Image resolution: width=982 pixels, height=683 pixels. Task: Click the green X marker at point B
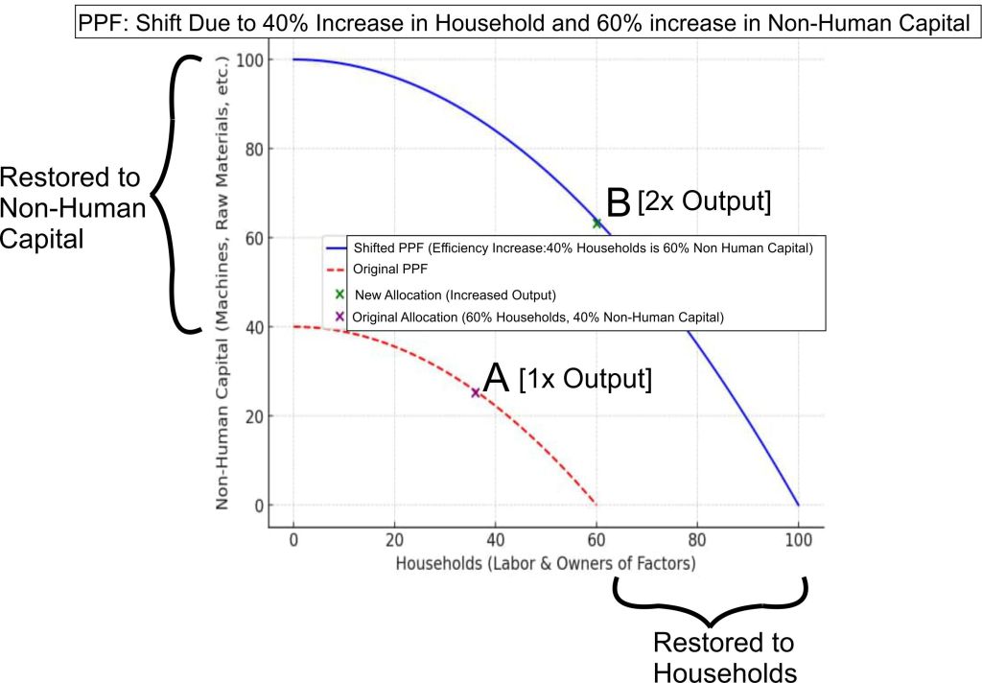pyautogui.click(x=597, y=223)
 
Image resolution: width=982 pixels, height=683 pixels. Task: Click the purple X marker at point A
pyautogui.click(x=475, y=392)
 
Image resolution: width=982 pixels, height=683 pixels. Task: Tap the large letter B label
pyautogui.click(x=619, y=202)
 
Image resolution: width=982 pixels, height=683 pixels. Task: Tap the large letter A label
pyautogui.click(x=495, y=377)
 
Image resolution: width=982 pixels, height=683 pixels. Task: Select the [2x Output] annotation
pyautogui.click(x=706, y=202)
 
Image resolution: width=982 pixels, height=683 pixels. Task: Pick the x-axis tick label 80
pyautogui.click(x=697, y=539)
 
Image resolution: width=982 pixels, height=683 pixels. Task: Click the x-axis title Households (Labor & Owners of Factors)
pyautogui.click(x=546, y=563)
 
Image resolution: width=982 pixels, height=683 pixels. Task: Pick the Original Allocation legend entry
pyautogui.click(x=537, y=317)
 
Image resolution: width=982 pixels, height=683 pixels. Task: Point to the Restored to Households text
pyautogui.click(x=724, y=657)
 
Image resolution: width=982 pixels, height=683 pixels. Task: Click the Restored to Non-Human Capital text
pyautogui.click(x=72, y=208)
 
